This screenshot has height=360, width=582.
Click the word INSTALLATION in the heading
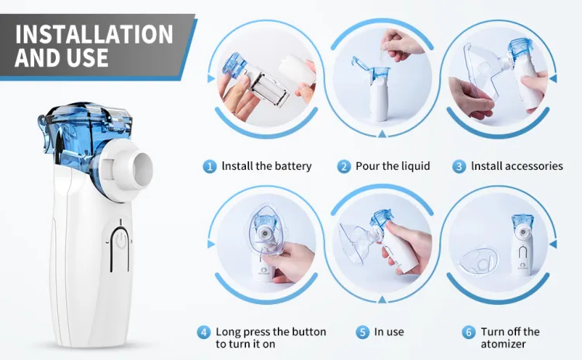point(94,33)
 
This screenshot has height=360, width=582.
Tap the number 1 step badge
point(210,166)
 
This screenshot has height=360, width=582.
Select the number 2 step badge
point(344,166)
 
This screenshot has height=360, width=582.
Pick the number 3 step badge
point(459,166)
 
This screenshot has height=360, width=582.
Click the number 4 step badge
point(204,332)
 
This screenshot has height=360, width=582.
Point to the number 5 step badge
point(362,332)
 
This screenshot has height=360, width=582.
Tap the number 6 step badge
point(468,332)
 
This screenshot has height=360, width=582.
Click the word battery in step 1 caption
point(293,166)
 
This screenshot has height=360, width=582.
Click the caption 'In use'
point(389,332)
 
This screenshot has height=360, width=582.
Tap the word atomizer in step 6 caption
point(503,344)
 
